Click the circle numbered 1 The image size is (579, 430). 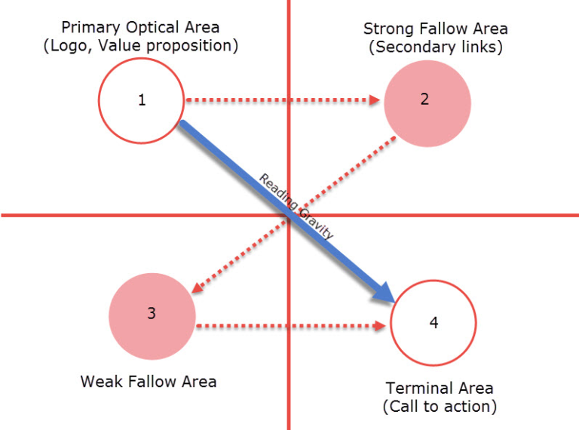click(142, 100)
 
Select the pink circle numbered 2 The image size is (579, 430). click(427, 103)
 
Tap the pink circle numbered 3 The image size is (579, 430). click(152, 314)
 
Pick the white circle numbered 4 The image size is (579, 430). click(433, 322)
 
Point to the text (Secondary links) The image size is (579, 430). click(435, 48)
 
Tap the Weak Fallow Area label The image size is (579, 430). click(149, 382)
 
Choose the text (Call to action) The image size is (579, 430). click(440, 407)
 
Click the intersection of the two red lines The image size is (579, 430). click(289, 215)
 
